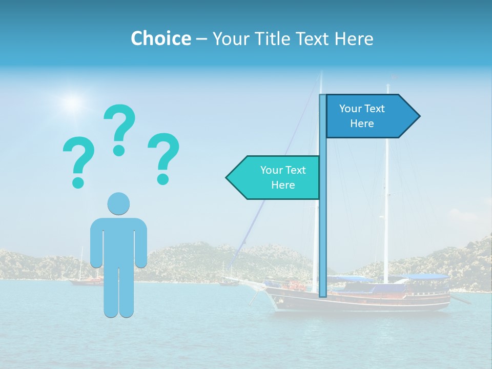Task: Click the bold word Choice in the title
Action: point(160,38)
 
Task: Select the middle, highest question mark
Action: point(119,129)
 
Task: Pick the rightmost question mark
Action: point(163,158)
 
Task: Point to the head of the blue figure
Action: point(118,203)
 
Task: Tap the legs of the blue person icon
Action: point(119,292)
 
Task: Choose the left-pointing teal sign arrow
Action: point(275,177)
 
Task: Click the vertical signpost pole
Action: point(323,231)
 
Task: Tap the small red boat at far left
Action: point(86,281)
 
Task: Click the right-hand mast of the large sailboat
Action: point(386,205)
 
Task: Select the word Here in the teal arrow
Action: point(283,185)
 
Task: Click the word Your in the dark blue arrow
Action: point(351,109)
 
